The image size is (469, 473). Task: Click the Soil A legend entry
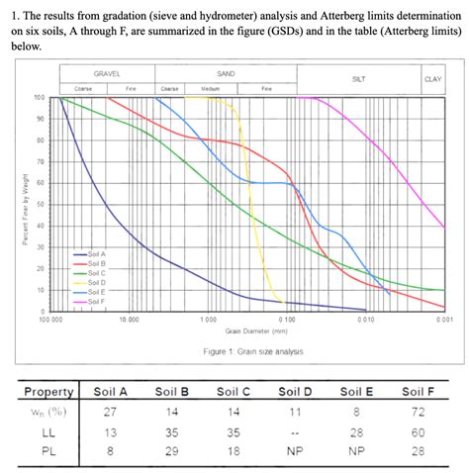(x=96, y=254)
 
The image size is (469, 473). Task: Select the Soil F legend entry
(x=96, y=300)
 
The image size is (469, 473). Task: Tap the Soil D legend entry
(x=96, y=282)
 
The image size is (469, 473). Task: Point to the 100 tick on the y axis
(x=39, y=98)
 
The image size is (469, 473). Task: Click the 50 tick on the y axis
(x=41, y=204)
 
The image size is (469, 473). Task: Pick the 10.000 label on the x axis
(x=129, y=320)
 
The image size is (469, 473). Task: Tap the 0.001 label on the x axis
(x=444, y=320)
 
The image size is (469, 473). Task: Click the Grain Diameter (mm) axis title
(x=254, y=331)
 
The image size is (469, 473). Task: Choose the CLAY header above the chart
(x=432, y=78)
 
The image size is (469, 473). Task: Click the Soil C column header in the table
(x=232, y=392)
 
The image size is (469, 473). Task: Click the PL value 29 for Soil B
(x=173, y=452)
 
